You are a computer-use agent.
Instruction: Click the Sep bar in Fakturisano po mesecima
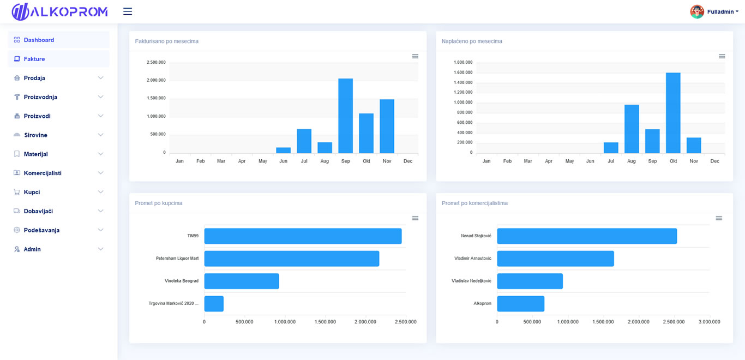point(346,116)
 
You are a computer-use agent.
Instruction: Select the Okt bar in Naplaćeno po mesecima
point(673,113)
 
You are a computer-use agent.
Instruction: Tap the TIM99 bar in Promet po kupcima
point(303,236)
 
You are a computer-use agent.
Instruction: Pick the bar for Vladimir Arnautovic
point(555,259)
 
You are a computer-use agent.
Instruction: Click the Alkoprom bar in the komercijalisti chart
point(521,304)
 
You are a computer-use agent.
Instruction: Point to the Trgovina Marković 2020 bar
point(214,304)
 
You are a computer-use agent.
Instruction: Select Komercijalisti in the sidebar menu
point(43,173)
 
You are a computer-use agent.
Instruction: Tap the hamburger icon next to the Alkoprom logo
point(128,11)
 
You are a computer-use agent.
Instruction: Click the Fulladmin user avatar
point(697,11)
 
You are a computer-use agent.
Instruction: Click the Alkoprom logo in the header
point(60,11)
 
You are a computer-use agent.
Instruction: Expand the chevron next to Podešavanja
point(100,230)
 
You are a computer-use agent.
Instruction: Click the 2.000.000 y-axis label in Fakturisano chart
point(156,80)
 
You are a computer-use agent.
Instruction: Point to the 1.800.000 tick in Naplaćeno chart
point(463,62)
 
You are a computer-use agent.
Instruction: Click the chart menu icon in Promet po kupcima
point(415,218)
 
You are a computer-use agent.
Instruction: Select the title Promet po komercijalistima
point(474,203)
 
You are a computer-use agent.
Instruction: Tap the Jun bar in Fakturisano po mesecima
point(284,151)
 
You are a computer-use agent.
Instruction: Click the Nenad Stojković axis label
point(476,236)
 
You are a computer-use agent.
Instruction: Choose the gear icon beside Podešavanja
point(16,230)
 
